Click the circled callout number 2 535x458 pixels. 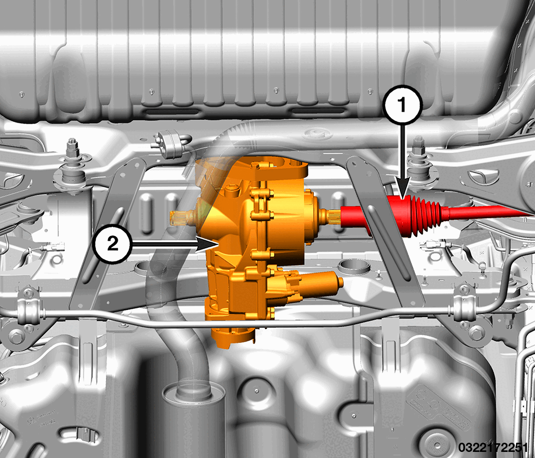[112, 244]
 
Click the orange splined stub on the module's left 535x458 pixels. [181, 217]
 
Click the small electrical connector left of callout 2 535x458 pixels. [50, 248]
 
